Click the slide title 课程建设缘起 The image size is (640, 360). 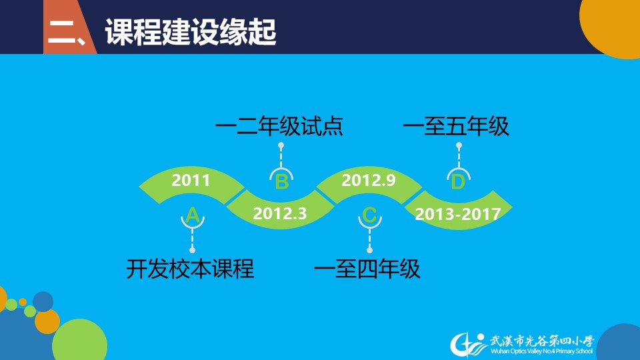191,31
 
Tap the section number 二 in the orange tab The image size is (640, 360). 62,33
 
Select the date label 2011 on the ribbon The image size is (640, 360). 191,180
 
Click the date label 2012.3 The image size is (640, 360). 279,213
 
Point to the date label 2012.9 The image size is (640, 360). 369,180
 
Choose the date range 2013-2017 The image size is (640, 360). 458,214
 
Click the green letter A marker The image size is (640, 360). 192,215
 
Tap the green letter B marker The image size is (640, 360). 281,181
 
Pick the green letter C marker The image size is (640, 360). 369,215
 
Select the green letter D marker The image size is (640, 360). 458,181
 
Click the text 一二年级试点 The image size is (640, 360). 279,126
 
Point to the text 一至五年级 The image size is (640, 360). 456,126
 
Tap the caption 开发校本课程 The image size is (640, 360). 190,269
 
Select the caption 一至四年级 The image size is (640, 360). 367,269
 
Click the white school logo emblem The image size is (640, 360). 469,345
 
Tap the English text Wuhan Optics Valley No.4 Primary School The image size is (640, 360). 541,351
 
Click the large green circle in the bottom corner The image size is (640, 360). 79,341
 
